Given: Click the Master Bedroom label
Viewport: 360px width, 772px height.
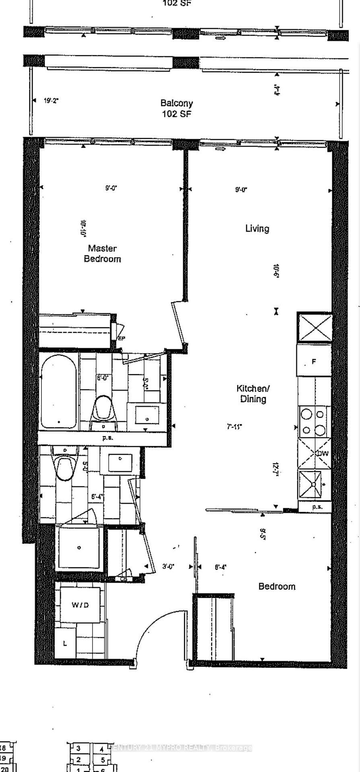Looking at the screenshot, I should (102, 254).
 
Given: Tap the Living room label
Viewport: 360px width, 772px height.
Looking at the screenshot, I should (257, 228).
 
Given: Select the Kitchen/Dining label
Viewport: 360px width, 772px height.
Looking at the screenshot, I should (253, 394).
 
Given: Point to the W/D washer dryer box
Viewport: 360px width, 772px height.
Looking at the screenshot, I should (80, 605).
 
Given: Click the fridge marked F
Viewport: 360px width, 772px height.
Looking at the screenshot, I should (314, 361).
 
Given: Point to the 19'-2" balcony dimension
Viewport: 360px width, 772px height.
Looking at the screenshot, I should (51, 101).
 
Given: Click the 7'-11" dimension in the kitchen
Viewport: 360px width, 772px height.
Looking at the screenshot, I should (235, 426).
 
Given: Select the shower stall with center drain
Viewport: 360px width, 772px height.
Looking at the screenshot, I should (79, 548).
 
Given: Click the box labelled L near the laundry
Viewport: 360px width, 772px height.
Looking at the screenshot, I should (65, 643).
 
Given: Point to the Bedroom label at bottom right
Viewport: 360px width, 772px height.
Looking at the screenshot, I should (277, 586).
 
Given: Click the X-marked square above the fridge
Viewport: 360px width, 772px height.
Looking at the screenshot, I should (315, 328).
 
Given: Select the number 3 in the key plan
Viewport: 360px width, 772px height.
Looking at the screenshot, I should (78, 748).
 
